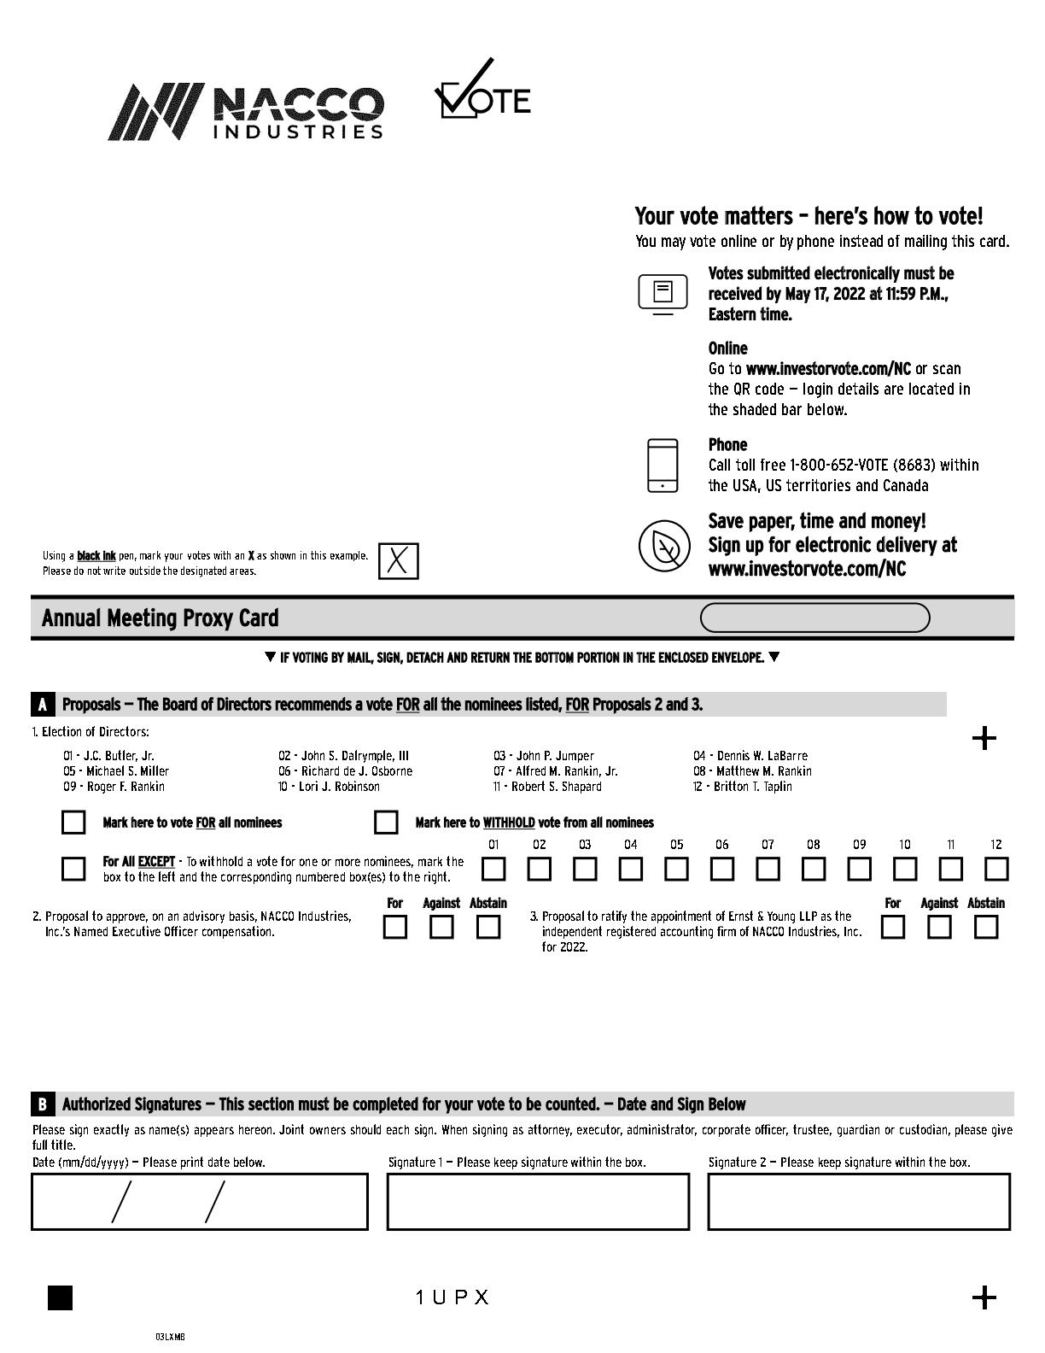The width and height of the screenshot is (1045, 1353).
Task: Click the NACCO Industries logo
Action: point(246,112)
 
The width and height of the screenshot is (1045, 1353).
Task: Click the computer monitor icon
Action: point(663,294)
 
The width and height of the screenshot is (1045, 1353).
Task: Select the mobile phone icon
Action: point(663,466)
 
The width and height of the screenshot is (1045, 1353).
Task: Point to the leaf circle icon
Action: point(664,546)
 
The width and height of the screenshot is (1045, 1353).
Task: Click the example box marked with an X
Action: point(399,561)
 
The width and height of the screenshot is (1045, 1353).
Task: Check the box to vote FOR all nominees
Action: point(74,823)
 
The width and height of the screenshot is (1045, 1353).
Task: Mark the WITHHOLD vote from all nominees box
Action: point(386,823)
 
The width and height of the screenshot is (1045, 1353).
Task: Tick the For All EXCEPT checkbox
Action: point(74,869)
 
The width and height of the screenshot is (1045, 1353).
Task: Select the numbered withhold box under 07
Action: point(768,870)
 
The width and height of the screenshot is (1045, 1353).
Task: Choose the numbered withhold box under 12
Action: point(996,870)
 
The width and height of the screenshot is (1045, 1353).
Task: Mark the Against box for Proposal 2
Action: point(441,928)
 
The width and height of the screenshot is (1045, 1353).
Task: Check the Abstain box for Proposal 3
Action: point(986,928)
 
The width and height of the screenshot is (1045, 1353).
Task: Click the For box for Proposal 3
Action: point(893,928)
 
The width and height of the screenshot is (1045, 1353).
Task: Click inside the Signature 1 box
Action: point(538,1202)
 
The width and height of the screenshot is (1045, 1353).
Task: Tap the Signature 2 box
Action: point(859,1202)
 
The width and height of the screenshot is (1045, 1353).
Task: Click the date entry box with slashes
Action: point(200,1202)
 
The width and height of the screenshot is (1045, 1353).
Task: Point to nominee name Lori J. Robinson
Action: point(339,787)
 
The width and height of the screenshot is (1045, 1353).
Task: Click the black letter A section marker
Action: point(42,705)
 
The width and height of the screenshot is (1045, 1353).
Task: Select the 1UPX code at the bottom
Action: point(452,1297)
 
